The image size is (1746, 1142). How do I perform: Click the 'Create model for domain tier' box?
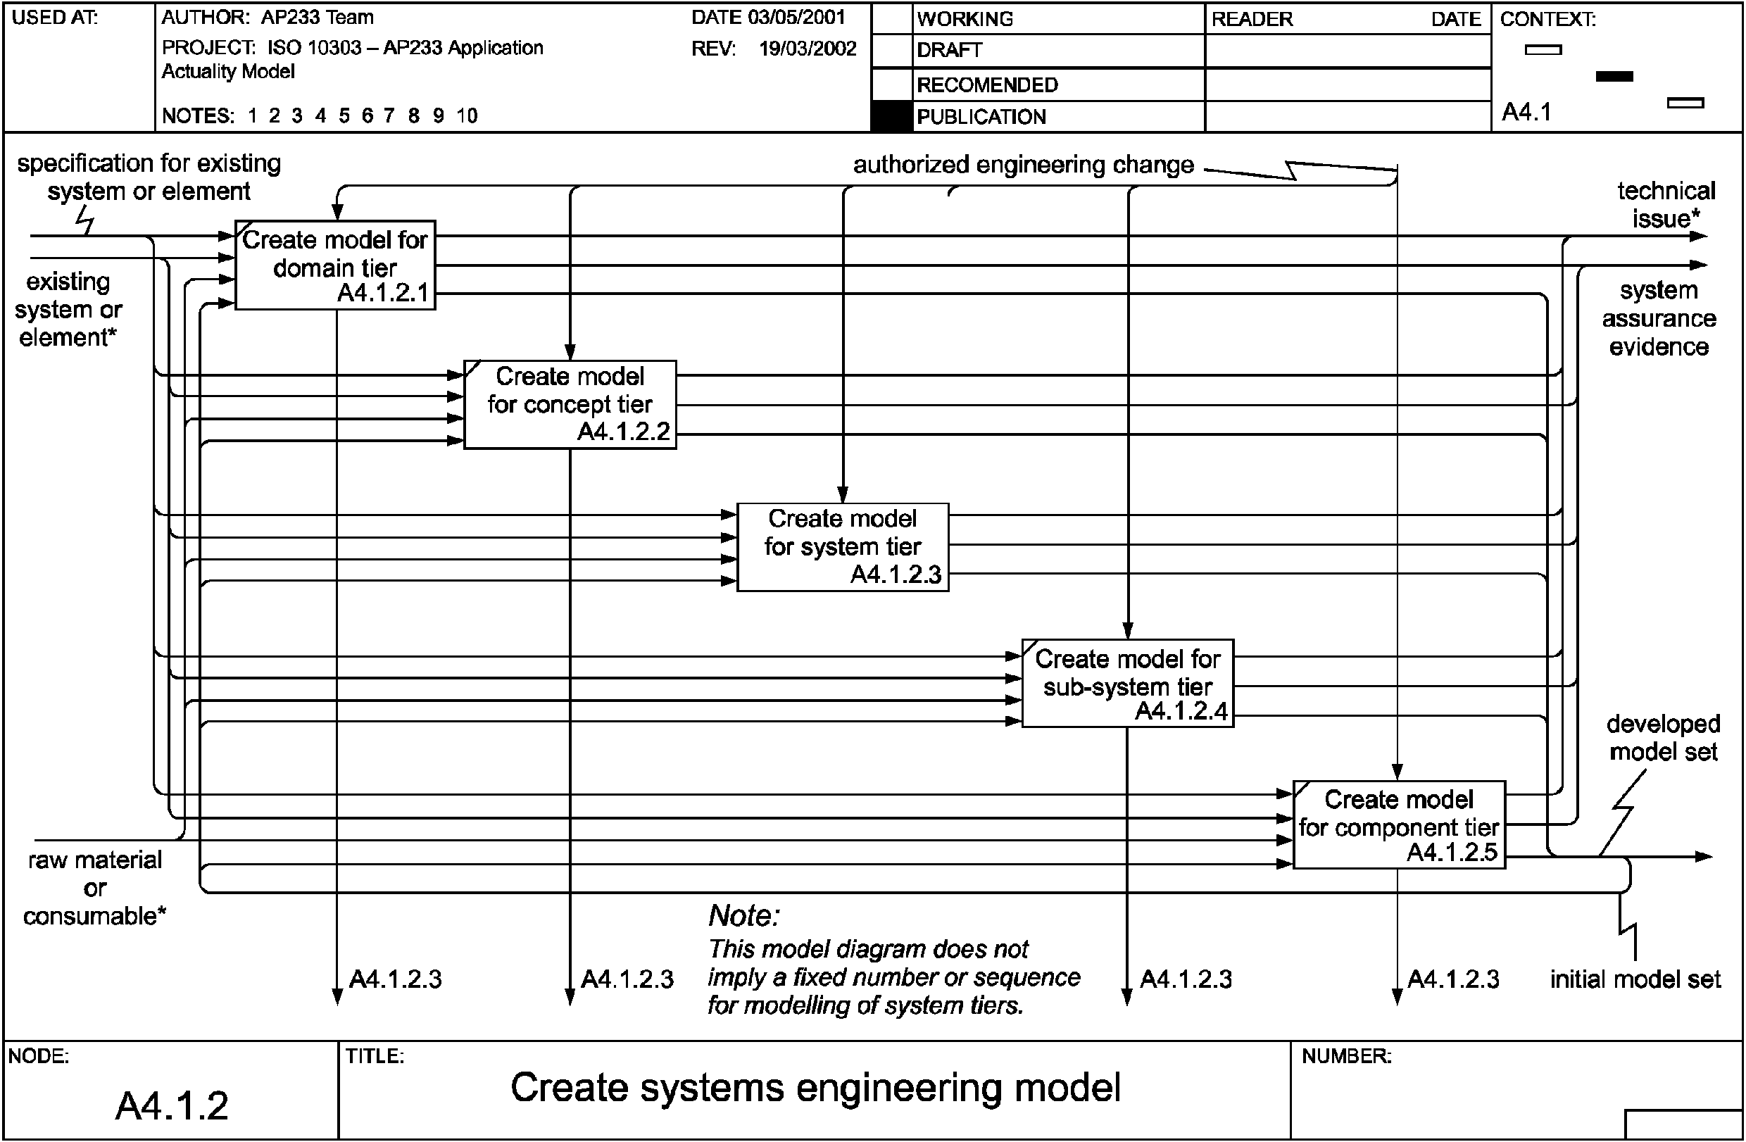pos(334,265)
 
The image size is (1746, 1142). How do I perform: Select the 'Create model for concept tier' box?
pos(570,404)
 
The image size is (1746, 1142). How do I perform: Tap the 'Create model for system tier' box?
pos(842,546)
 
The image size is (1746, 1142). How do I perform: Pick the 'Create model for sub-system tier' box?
pos(1128,683)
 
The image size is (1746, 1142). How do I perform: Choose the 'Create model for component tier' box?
pos(1398,824)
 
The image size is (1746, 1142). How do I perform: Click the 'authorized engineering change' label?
pos(1023,165)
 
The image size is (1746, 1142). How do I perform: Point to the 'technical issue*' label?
pos(1666,205)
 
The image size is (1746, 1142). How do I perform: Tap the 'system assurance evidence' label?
pos(1659,318)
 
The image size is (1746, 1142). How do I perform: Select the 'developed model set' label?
pos(1663,737)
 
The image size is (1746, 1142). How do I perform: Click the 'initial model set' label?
pos(1635,979)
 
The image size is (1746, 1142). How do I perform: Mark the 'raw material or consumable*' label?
pos(94,888)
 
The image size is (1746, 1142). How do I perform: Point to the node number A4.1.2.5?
pos(1452,853)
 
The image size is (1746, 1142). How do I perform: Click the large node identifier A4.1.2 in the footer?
pos(172,1105)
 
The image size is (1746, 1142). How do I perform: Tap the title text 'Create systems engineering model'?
pos(815,1087)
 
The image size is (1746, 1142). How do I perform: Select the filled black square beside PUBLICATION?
pos(891,117)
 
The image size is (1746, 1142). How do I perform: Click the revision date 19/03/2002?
pos(807,49)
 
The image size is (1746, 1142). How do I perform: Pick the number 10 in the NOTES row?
pos(467,116)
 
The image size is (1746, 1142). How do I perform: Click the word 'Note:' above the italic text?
pos(744,915)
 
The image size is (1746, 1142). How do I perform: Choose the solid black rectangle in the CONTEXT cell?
pos(1614,76)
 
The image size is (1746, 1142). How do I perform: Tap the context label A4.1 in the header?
pos(1526,112)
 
